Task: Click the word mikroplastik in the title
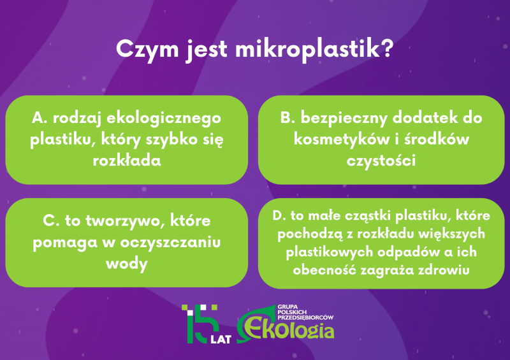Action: (307, 50)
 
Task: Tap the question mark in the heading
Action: (387, 48)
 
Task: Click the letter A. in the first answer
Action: (40, 117)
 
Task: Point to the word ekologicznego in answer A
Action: (164, 119)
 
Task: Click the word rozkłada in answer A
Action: (127, 161)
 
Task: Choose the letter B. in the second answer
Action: (288, 117)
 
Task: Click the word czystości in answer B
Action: (381, 161)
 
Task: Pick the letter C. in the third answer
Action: (51, 220)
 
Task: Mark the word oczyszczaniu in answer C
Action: (170, 243)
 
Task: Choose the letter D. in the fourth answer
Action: (279, 215)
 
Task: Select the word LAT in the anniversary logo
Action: (221, 340)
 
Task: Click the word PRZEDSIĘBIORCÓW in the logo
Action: (306, 317)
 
